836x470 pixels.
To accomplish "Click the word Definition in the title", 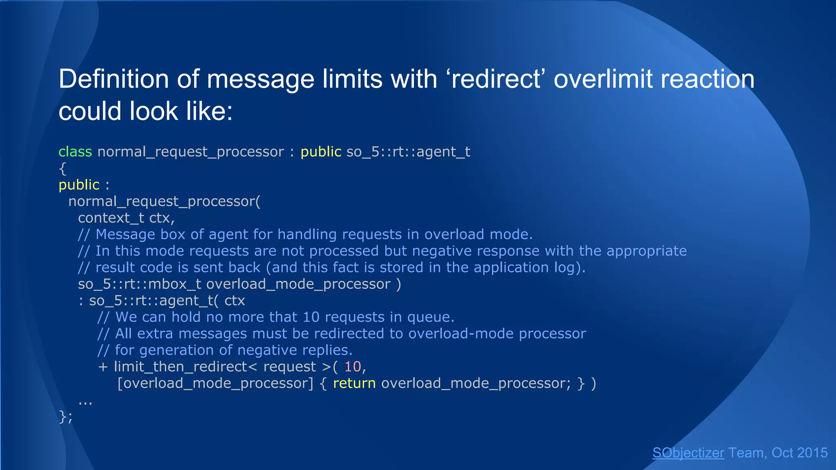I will [x=113, y=79].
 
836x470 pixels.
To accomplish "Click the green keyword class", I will [x=75, y=152].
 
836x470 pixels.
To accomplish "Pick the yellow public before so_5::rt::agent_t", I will [x=321, y=152].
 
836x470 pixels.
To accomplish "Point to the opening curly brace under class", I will [x=62, y=168].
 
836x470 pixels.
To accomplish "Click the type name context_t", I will [x=111, y=218].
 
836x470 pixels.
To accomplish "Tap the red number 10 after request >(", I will [x=353, y=367].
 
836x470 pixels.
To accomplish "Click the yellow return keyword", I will [x=354, y=383].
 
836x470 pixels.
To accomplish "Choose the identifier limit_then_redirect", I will [x=180, y=367].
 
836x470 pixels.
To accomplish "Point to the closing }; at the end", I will [x=66, y=417].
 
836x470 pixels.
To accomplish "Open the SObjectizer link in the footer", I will [x=688, y=453].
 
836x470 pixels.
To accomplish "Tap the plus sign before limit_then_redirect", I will [x=103, y=367].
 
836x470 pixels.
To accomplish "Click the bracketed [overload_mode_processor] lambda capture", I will [x=215, y=383].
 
